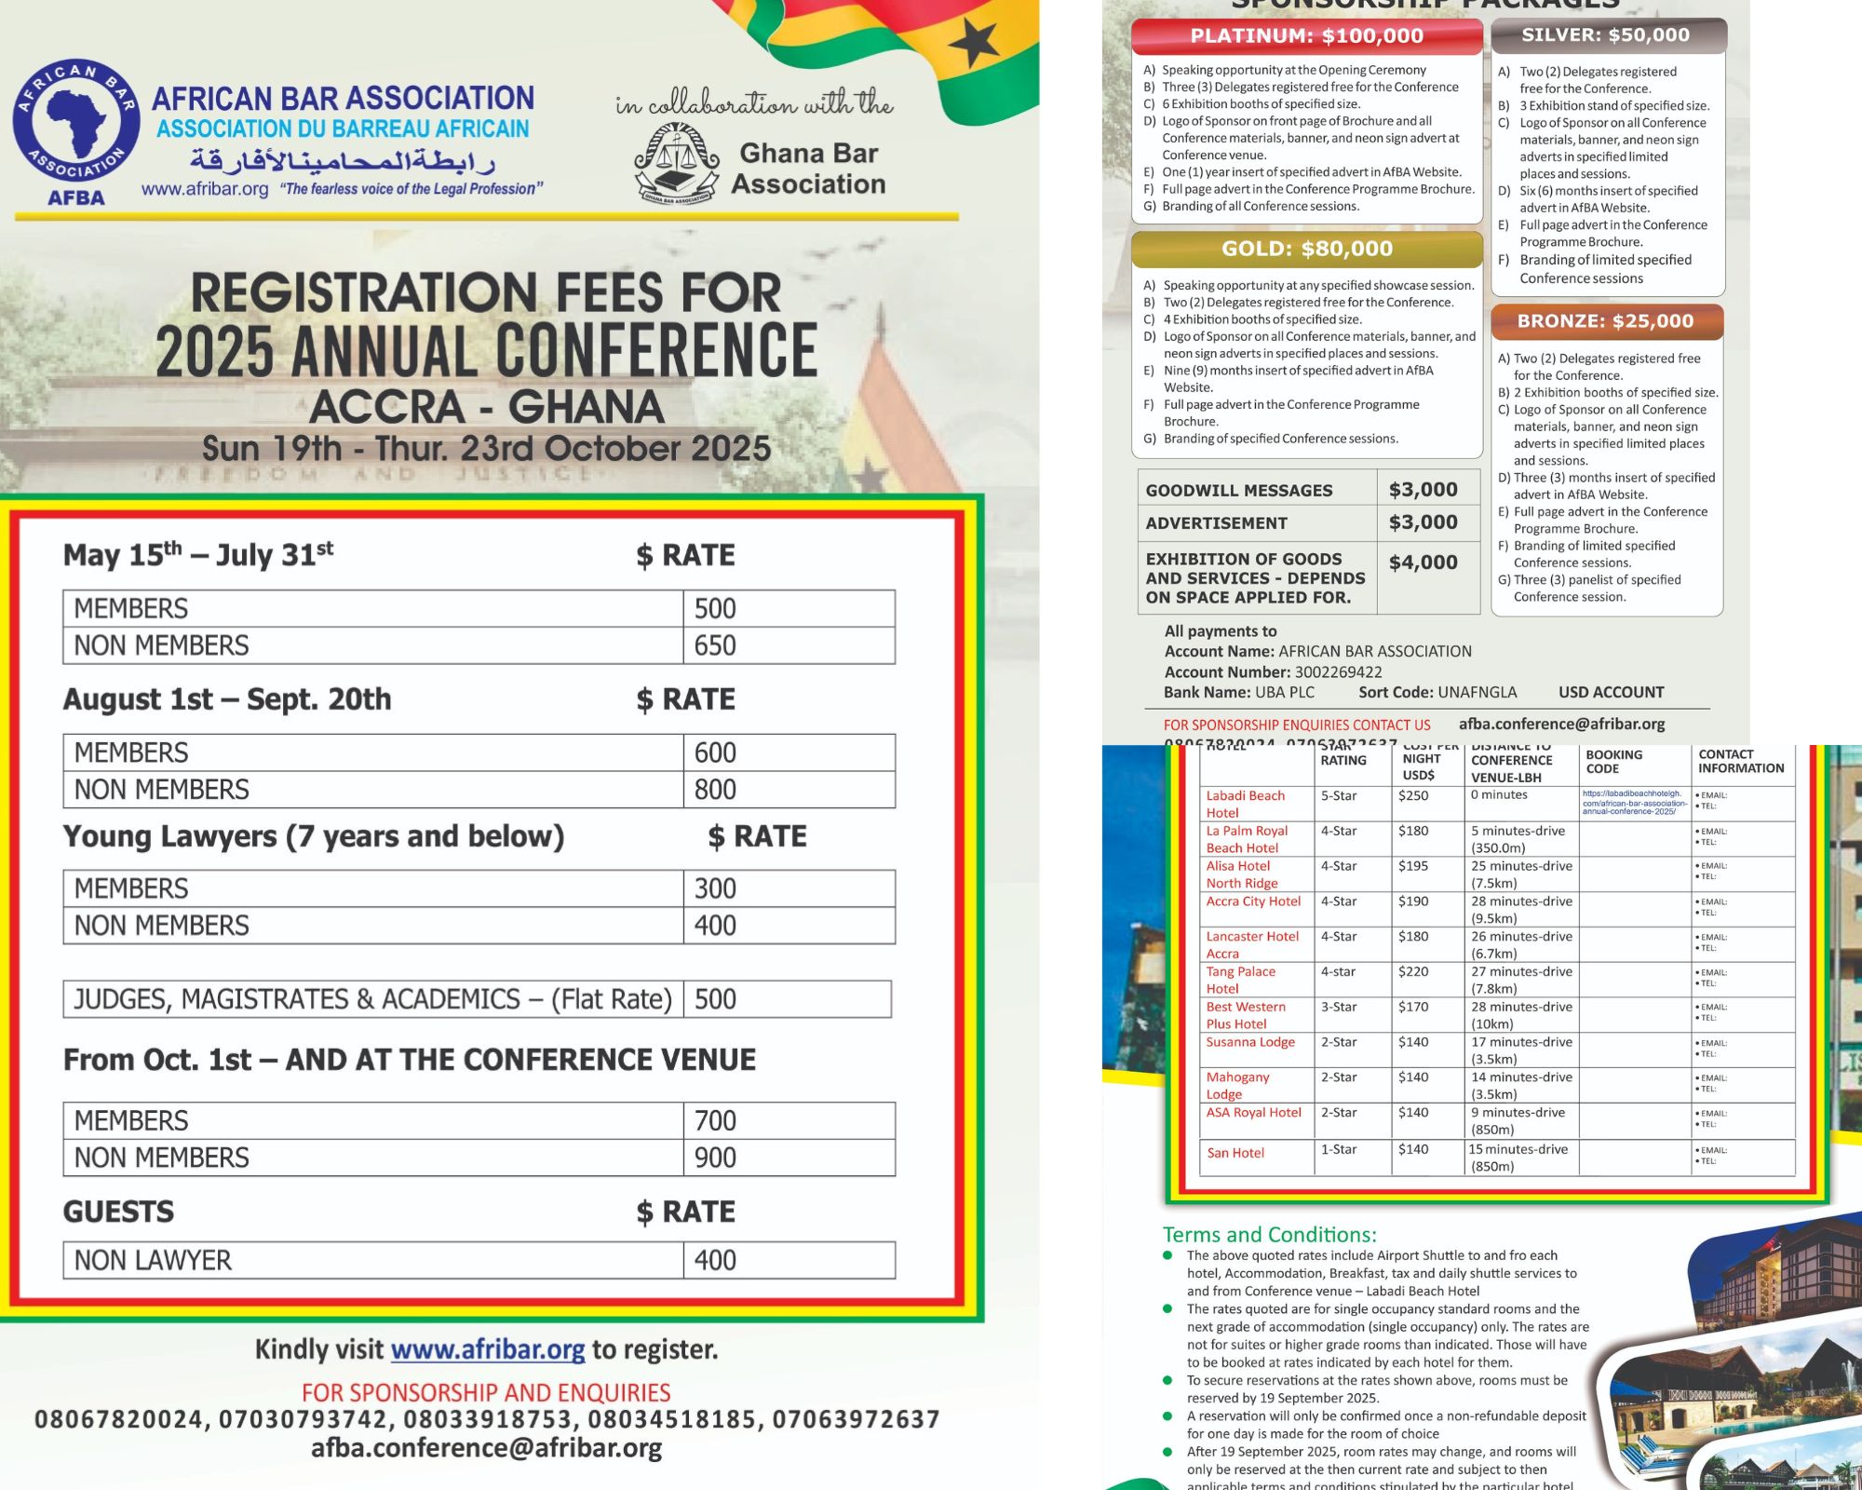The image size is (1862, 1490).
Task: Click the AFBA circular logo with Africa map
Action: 76,122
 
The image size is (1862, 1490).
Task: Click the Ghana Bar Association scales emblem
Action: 677,163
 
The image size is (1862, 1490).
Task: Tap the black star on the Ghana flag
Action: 976,43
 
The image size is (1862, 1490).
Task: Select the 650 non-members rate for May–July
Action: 715,645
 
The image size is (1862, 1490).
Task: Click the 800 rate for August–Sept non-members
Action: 715,790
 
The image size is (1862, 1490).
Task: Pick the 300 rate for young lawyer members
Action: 715,888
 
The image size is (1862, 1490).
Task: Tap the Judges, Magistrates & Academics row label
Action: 372,999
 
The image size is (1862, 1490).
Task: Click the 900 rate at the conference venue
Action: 715,1158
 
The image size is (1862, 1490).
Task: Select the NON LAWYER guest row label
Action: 153,1260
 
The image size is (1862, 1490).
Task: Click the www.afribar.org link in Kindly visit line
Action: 488,1349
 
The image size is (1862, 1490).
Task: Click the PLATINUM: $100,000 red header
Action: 1306,36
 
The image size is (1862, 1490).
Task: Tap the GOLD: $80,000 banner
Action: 1306,249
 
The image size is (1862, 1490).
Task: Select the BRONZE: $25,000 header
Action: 1606,321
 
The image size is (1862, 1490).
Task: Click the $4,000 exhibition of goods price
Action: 1423,562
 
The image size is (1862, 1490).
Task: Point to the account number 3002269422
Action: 1338,672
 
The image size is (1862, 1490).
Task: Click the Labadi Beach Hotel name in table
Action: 1245,804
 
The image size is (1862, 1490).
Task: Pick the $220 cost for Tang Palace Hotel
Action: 1412,971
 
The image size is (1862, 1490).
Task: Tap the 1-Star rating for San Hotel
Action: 1338,1149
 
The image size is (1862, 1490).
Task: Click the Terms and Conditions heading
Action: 1269,1235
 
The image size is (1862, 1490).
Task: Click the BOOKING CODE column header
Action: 1613,762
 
